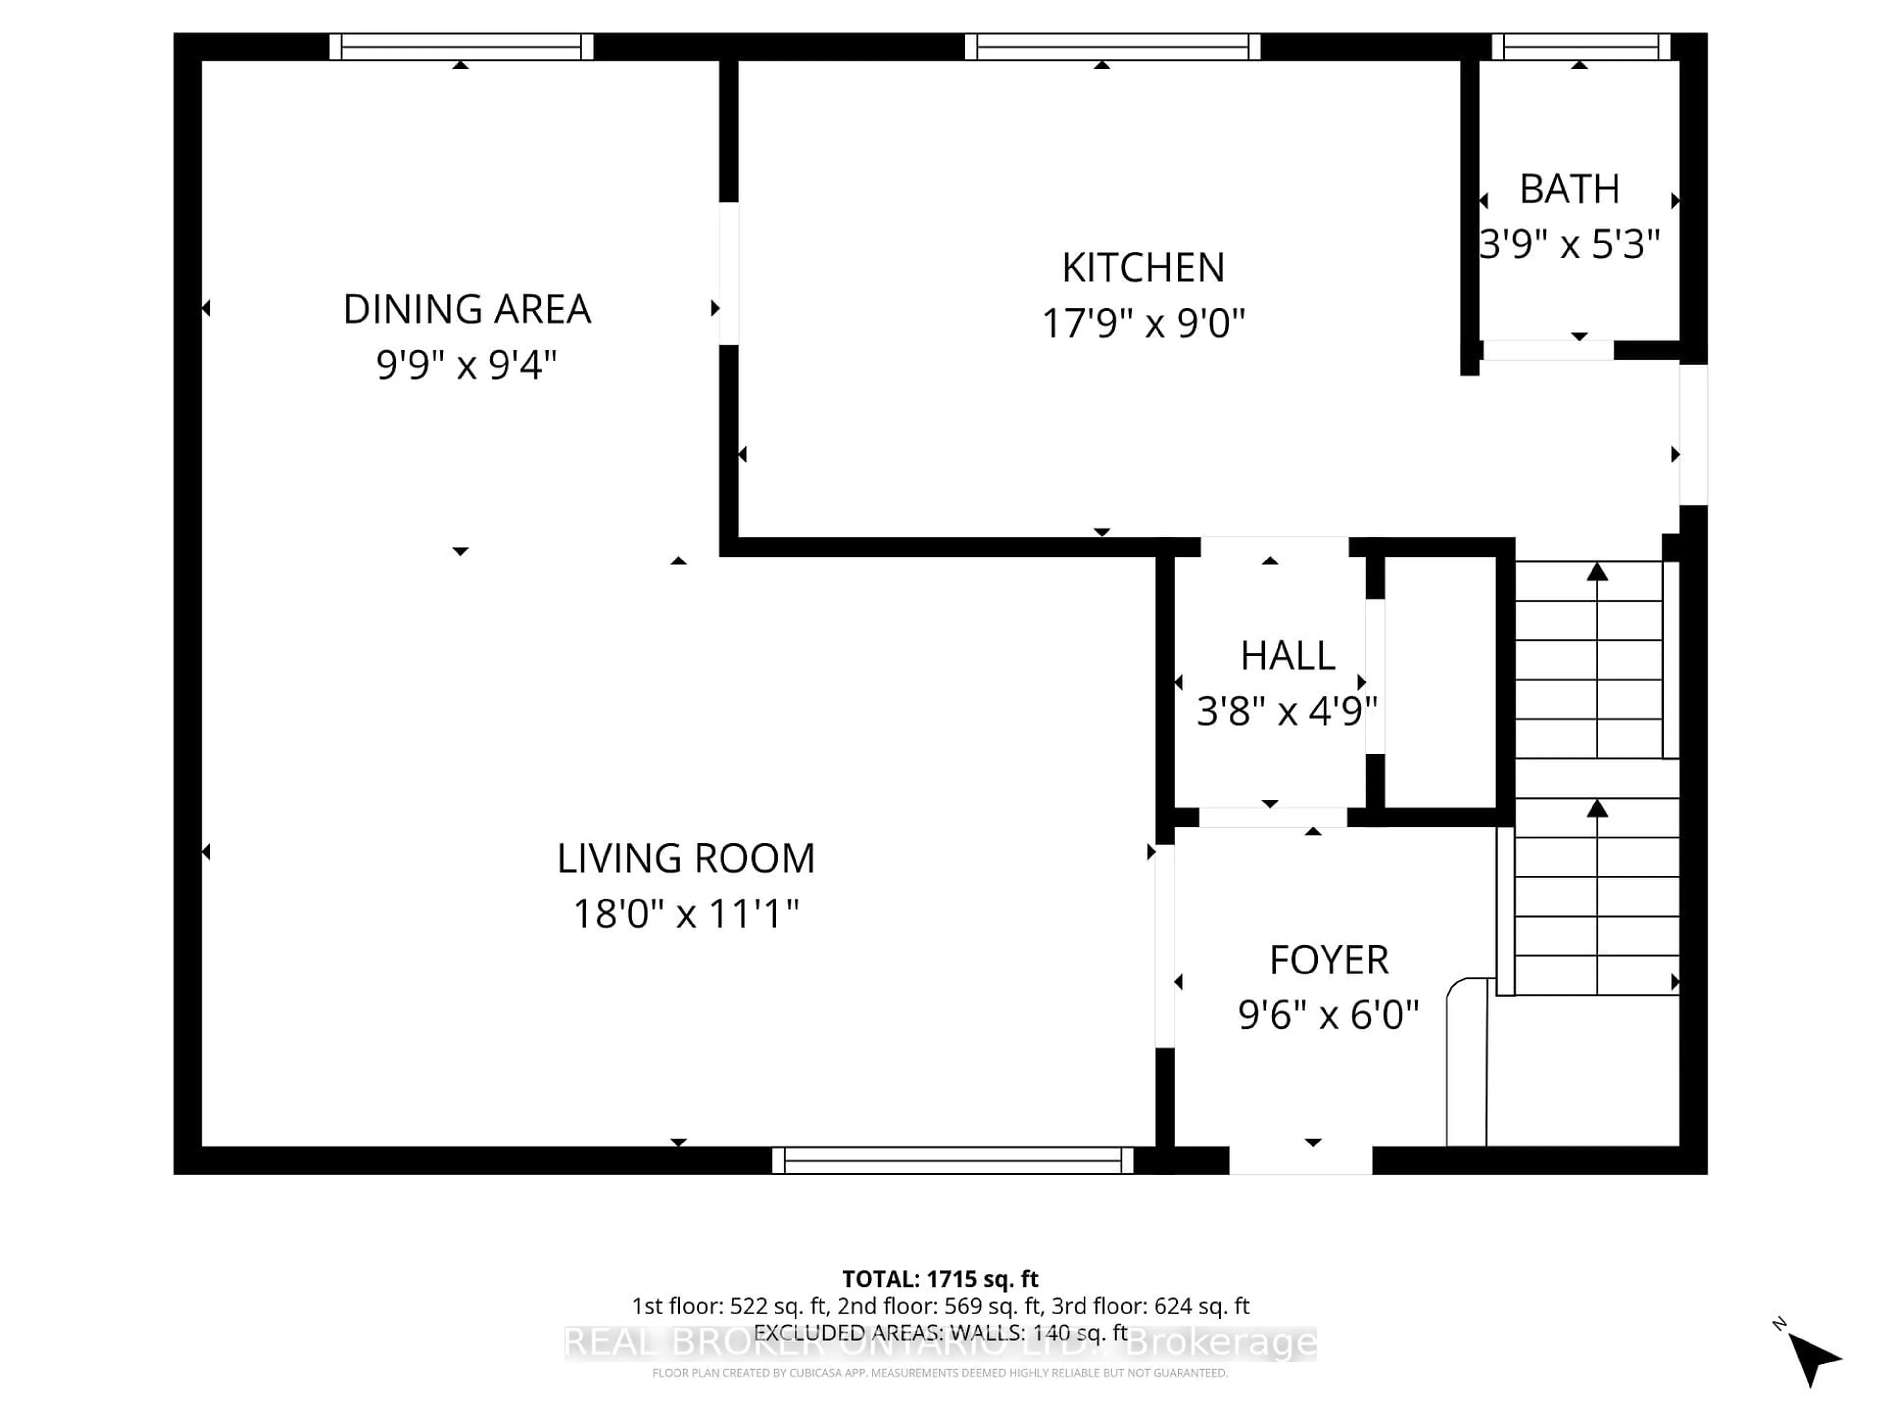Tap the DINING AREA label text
(x=467, y=310)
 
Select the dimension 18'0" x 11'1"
(x=685, y=914)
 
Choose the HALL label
(x=1287, y=656)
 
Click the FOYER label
(x=1328, y=960)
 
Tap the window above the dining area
(x=461, y=47)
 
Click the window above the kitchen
(x=1112, y=47)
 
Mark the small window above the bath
(x=1581, y=47)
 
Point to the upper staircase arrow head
(x=1597, y=572)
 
